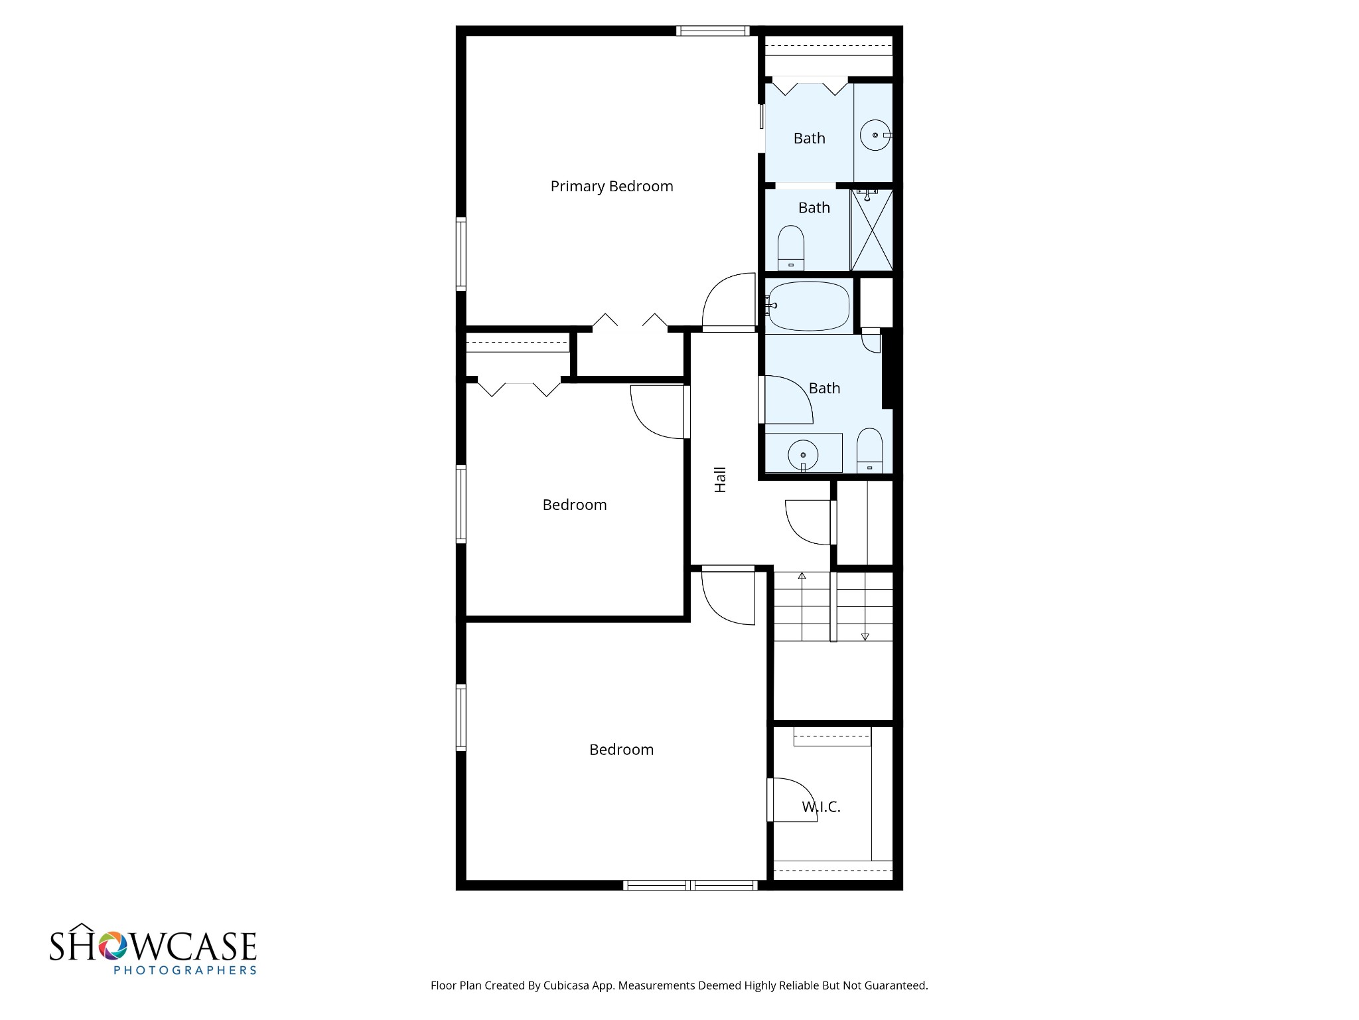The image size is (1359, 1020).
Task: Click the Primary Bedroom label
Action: [x=611, y=187]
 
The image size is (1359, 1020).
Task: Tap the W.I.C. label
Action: [x=821, y=807]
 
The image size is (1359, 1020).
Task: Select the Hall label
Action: [x=720, y=479]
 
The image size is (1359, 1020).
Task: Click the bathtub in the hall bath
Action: [x=808, y=306]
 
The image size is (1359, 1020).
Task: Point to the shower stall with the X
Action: [x=872, y=230]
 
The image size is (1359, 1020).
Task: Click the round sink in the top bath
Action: [x=875, y=135]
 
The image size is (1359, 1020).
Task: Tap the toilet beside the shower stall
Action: [x=790, y=247]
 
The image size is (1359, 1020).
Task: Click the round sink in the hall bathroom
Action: [x=803, y=455]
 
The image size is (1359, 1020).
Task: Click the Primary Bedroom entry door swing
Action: [x=727, y=302]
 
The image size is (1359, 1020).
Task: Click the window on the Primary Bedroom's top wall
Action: [x=713, y=31]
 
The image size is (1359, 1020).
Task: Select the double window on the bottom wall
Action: [x=690, y=885]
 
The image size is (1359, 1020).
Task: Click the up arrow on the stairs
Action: [x=802, y=576]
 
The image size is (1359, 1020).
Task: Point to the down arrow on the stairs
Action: [x=865, y=636]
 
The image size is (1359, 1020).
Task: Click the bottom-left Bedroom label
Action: [x=621, y=750]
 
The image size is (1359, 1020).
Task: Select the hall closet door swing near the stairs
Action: [x=808, y=522]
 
